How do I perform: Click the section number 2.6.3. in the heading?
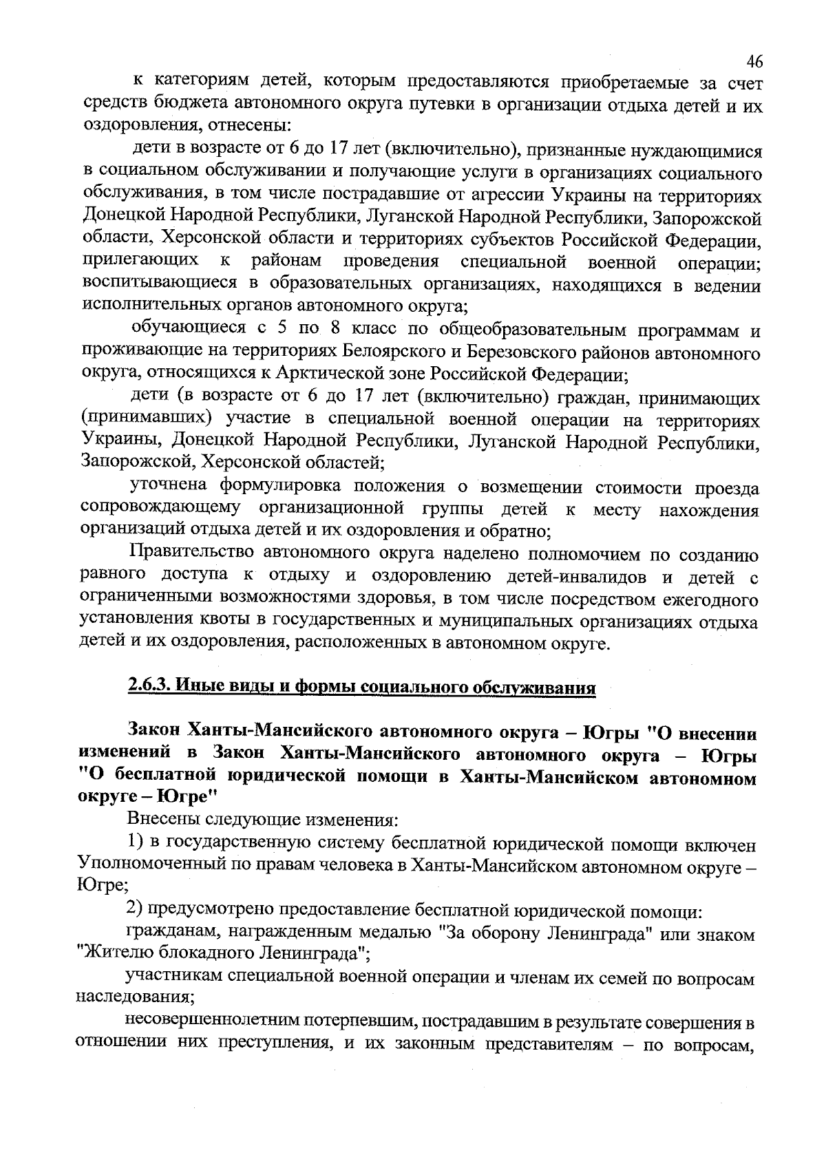[x=149, y=687]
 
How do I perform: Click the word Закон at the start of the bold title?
[x=153, y=730]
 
